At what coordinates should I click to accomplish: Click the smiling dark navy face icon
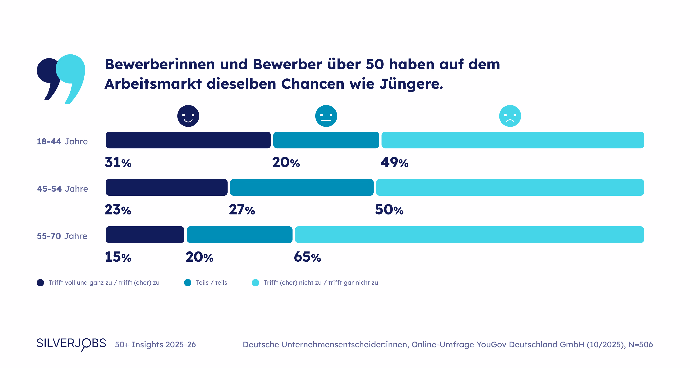pyautogui.click(x=188, y=116)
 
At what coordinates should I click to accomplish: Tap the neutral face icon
pyautogui.click(x=326, y=116)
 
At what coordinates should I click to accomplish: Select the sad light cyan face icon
pyautogui.click(x=510, y=116)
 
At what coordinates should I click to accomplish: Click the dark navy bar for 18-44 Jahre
pyautogui.click(x=188, y=140)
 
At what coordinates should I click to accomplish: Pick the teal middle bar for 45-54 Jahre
pyautogui.click(x=302, y=187)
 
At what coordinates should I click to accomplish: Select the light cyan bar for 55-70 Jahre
pyautogui.click(x=469, y=234)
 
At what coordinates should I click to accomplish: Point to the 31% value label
pyautogui.click(x=118, y=162)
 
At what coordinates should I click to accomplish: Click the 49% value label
pyautogui.click(x=394, y=162)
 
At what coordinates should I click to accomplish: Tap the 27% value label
pyautogui.click(x=242, y=210)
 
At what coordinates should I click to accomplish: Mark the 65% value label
pyautogui.click(x=307, y=257)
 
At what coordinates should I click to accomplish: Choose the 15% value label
pyautogui.click(x=118, y=257)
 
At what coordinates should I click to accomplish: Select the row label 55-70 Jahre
pyautogui.click(x=62, y=236)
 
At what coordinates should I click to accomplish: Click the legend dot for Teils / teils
pyautogui.click(x=187, y=283)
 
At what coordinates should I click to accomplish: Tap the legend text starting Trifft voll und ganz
pyautogui.click(x=104, y=283)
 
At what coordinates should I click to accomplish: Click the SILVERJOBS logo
pyautogui.click(x=71, y=344)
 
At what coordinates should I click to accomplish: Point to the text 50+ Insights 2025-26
pyautogui.click(x=155, y=344)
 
